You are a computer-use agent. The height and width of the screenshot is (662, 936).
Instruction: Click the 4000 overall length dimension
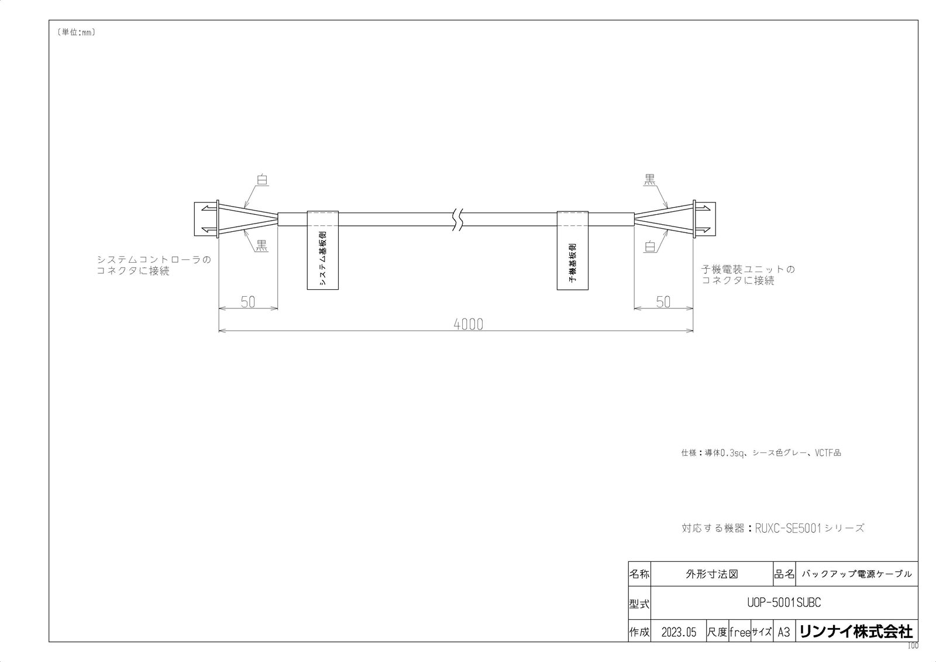[469, 324]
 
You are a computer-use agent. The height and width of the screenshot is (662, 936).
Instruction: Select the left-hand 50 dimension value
[248, 302]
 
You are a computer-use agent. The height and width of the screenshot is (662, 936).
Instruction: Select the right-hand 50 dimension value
[663, 302]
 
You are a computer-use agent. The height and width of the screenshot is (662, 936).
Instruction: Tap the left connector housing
[205, 219]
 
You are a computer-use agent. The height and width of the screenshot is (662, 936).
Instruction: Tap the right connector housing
[704, 219]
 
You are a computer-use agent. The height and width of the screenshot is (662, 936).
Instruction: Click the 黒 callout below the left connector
[261, 246]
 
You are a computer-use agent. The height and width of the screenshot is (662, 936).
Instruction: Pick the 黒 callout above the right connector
[649, 180]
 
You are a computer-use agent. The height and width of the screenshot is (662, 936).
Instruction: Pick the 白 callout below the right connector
[649, 246]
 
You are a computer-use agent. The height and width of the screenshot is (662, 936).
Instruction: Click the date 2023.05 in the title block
[679, 632]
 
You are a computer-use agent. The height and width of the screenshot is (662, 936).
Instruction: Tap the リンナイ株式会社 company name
[856, 632]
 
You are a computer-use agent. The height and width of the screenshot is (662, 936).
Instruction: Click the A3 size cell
[783, 632]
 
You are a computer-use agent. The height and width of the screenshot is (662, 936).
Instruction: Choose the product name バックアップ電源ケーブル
[856, 574]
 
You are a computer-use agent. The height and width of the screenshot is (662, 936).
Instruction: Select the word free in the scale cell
[739, 632]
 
